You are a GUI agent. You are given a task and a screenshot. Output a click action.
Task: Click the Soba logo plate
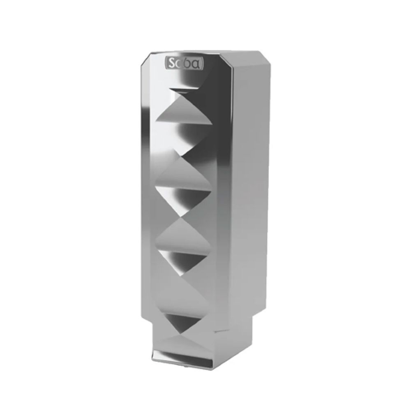[x=185, y=63]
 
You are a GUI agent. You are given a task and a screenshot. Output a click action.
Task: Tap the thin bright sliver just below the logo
[x=184, y=90]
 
